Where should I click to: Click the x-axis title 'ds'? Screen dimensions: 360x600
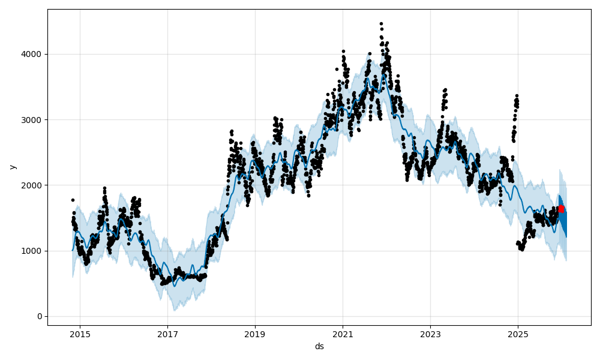pyautogui.click(x=319, y=346)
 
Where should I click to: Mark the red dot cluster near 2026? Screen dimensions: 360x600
pyautogui.click(x=561, y=209)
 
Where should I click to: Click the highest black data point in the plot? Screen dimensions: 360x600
pyautogui.click(x=381, y=23)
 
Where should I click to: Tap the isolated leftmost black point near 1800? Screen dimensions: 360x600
pyautogui.click(x=73, y=200)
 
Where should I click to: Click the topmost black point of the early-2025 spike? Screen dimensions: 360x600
pyautogui.click(x=517, y=95)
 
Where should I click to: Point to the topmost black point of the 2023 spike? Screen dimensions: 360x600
pyautogui.click(x=445, y=89)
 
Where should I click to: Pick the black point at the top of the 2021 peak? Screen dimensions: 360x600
pyautogui.click(x=343, y=52)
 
